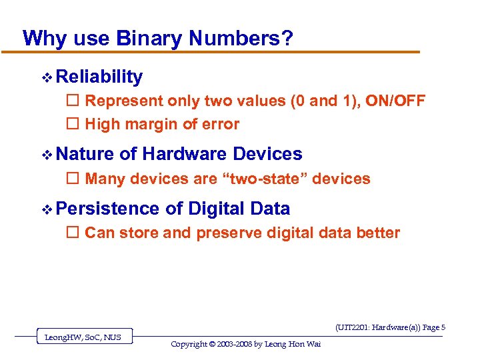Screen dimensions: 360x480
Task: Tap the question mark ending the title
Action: [287, 38]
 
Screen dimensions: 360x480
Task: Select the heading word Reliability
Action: [99, 77]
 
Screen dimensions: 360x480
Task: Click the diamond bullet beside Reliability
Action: [46, 78]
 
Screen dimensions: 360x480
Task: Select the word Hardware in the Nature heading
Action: [185, 154]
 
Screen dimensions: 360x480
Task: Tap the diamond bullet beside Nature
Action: [46, 155]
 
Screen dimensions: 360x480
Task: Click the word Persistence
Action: [108, 209]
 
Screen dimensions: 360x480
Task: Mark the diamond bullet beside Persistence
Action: [46, 209]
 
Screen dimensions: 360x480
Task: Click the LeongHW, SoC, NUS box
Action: [83, 337]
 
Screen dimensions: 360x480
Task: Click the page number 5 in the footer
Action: [443, 327]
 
